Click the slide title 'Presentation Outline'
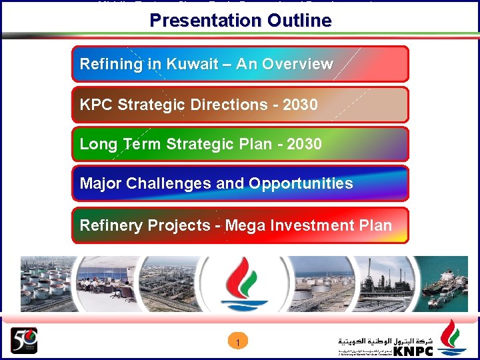pyautogui.click(x=240, y=21)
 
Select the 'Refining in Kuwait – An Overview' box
pyautogui.click(x=240, y=64)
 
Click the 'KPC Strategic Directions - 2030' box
pyautogui.click(x=240, y=105)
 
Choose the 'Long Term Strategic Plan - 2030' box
pyautogui.click(x=240, y=144)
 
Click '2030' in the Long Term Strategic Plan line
pyautogui.click(x=304, y=144)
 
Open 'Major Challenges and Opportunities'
pyautogui.click(x=240, y=183)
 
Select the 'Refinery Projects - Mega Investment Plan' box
pyautogui.click(x=240, y=225)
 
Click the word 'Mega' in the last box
pyautogui.click(x=245, y=225)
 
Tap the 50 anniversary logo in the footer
pyautogui.click(x=24, y=341)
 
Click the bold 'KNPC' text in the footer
pyautogui.click(x=413, y=351)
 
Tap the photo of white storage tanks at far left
pyautogui.click(x=43, y=283)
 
